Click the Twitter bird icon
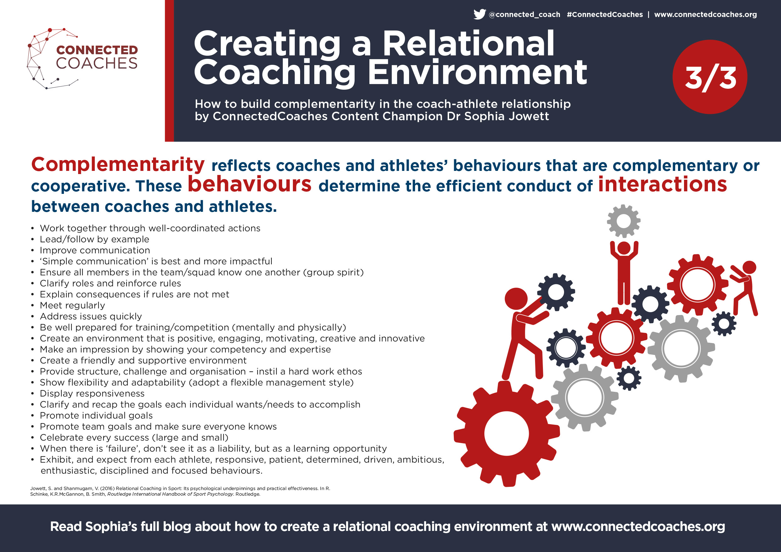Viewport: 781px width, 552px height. pos(480,14)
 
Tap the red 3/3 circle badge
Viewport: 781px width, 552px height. pos(710,77)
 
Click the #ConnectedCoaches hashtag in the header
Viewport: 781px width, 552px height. pos(605,14)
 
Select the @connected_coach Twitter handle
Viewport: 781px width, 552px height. pos(524,14)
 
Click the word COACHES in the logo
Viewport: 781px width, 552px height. pos(97,64)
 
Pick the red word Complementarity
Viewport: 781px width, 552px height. pos(118,165)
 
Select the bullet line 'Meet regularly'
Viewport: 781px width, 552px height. pos(72,305)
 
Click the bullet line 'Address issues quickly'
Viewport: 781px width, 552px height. pos(91,317)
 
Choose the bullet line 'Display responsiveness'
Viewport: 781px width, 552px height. pos(92,393)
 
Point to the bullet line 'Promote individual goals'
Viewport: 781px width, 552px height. pos(96,415)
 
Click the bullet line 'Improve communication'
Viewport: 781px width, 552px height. pos(95,250)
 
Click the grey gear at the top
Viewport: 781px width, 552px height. pos(624,221)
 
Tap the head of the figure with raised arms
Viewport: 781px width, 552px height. pos(624,248)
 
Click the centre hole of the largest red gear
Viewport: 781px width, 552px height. pos(506,433)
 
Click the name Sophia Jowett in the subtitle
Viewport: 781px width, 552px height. pos(506,116)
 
